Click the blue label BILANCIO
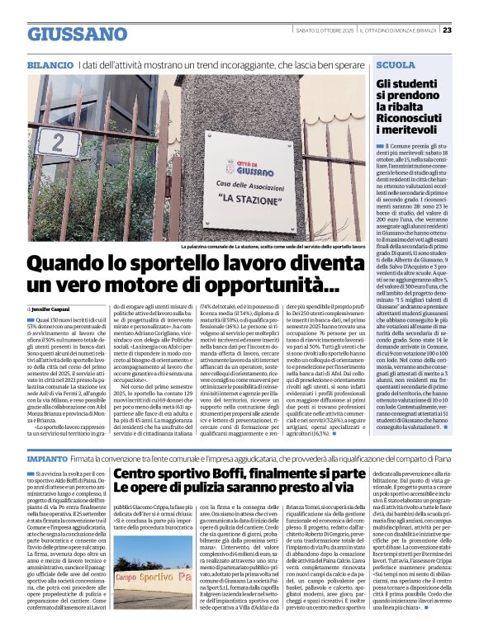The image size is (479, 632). (x=50, y=64)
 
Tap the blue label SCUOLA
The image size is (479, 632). (x=395, y=64)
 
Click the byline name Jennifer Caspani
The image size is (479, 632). (x=55, y=308)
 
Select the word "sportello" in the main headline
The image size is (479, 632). (x=201, y=264)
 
